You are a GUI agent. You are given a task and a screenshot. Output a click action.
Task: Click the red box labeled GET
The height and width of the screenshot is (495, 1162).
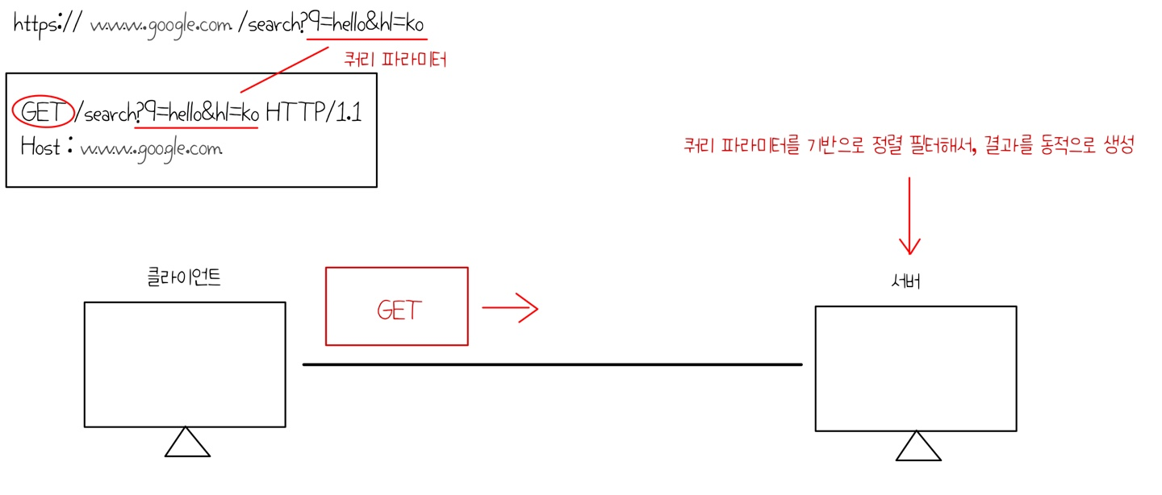tap(396, 306)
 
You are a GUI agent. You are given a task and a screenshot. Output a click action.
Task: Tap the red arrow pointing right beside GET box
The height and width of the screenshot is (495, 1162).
tap(509, 307)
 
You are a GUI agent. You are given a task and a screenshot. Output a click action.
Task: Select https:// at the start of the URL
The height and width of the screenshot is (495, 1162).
tap(45, 24)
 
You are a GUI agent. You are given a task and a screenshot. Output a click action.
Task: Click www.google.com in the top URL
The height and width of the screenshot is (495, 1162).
tap(161, 26)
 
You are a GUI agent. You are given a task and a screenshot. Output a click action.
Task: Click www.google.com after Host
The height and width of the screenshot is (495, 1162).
tap(151, 149)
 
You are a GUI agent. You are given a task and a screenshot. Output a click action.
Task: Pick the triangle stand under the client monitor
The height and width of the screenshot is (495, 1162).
tap(187, 443)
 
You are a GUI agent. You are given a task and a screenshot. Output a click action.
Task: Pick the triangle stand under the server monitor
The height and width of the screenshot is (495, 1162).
tap(917, 447)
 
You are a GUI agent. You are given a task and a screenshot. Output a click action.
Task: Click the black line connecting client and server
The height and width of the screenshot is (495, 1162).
tap(552, 365)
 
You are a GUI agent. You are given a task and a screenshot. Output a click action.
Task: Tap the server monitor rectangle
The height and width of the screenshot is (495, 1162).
tap(915, 368)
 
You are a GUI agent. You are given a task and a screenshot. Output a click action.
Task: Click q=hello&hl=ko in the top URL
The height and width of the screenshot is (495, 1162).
tap(366, 25)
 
